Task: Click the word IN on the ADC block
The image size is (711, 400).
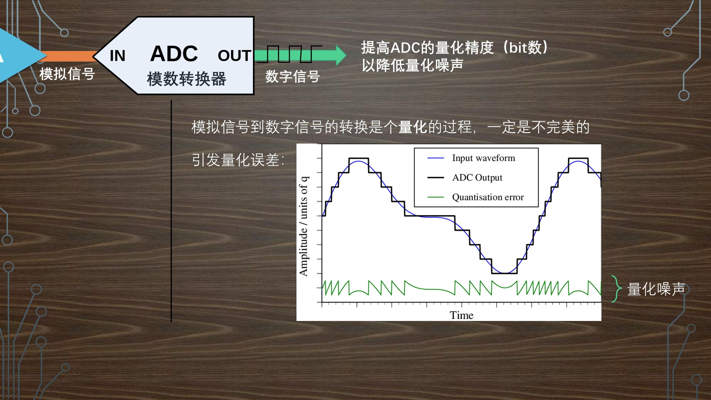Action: [x=118, y=56]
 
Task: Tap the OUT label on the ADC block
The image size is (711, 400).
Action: [x=235, y=56]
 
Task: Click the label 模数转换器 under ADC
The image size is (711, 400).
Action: [x=187, y=79]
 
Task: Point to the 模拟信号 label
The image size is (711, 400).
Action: [x=67, y=74]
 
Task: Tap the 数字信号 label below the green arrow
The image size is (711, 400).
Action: [x=293, y=76]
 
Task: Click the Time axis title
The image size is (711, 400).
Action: [x=462, y=315]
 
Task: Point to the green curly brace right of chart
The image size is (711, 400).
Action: [x=617, y=289]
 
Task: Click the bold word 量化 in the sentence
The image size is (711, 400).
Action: [x=413, y=127]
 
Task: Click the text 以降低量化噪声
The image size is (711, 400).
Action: [x=413, y=65]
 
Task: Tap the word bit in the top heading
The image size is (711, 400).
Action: [x=518, y=48]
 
